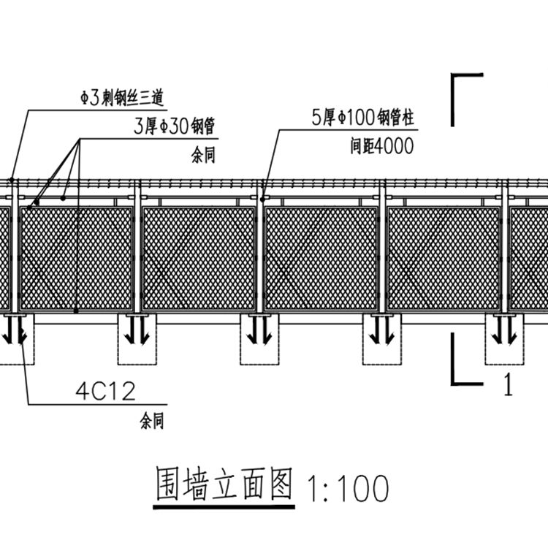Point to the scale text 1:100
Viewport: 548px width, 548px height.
348,489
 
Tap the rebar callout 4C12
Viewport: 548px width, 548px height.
105,392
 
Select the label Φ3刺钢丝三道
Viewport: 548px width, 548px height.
121,96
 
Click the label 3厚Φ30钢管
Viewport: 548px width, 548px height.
174,126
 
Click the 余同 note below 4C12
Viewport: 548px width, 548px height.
151,421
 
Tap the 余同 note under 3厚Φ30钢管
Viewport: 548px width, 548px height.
203,157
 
